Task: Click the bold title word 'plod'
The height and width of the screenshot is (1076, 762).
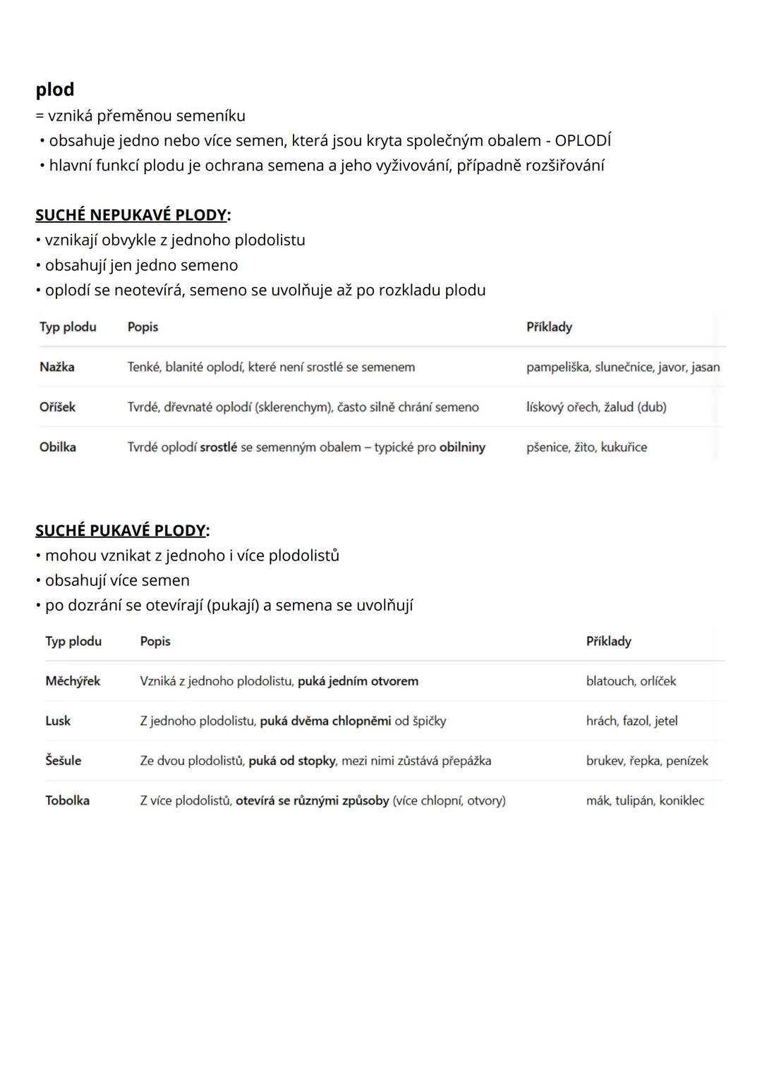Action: tap(54, 90)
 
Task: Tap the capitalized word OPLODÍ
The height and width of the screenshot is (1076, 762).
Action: tap(583, 140)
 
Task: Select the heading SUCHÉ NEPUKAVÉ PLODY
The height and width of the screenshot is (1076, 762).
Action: tap(131, 214)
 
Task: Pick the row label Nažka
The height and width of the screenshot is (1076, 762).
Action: tap(56, 367)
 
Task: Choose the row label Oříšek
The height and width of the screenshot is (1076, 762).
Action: tap(57, 407)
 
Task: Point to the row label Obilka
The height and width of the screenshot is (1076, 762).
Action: tap(57, 447)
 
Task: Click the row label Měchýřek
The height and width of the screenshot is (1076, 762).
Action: tap(73, 681)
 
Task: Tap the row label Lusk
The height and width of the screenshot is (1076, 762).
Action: tap(58, 721)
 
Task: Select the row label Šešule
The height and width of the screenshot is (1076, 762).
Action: tap(63, 761)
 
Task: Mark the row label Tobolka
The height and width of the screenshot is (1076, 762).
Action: tap(67, 800)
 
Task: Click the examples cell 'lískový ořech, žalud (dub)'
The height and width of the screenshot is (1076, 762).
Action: tap(596, 407)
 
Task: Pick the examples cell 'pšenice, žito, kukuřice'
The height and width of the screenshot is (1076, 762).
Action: tap(586, 447)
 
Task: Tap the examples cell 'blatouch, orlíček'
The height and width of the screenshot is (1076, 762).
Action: tap(631, 681)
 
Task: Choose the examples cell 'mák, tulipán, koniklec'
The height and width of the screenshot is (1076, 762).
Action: tap(645, 800)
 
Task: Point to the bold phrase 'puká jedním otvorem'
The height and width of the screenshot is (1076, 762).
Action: tap(358, 681)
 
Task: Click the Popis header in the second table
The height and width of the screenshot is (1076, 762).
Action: tap(155, 641)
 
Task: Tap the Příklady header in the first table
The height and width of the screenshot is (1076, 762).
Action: tap(549, 326)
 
